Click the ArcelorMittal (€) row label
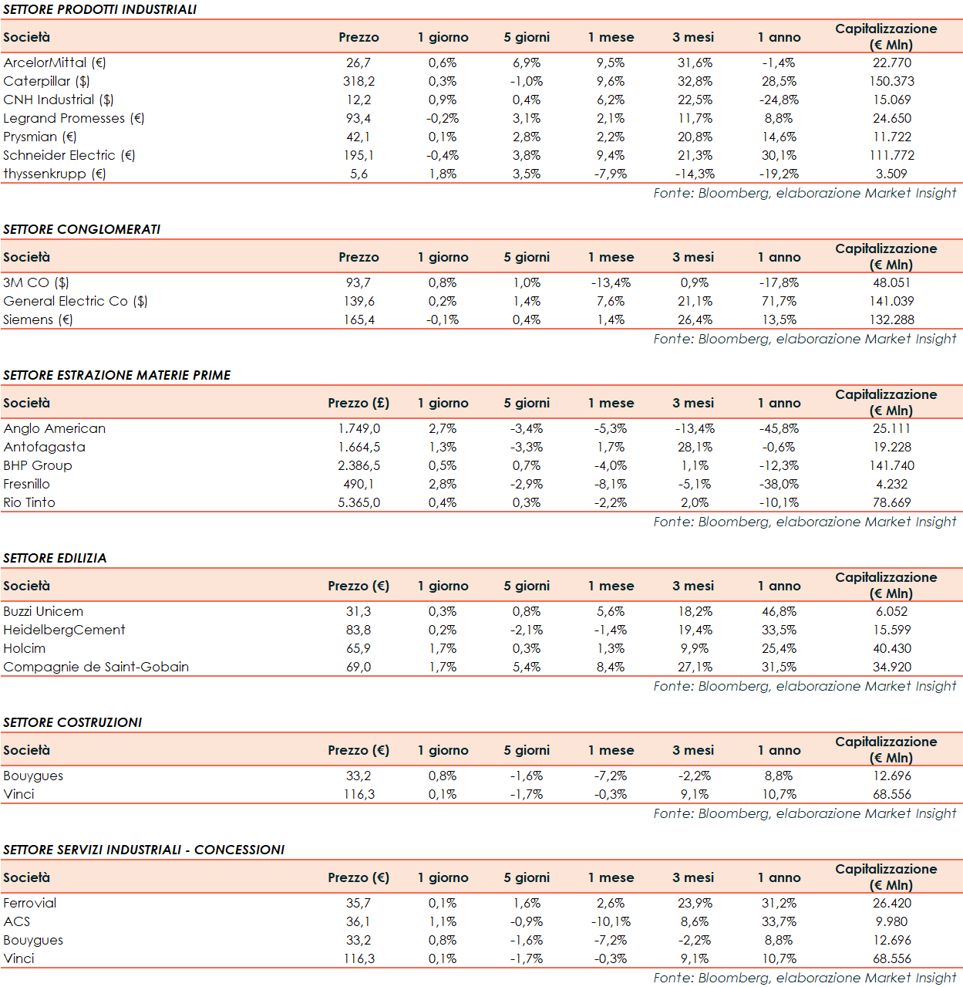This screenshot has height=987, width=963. tap(55, 63)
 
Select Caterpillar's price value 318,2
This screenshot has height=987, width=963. tap(359, 81)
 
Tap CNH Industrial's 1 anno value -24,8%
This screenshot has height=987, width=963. tap(779, 100)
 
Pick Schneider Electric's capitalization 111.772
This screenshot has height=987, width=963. tap(891, 155)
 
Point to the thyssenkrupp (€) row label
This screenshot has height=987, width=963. tap(55, 174)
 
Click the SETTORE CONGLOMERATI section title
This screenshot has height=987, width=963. tap(82, 229)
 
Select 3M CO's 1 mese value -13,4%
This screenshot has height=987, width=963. tap(611, 282)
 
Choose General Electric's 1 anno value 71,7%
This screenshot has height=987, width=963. tap(779, 301)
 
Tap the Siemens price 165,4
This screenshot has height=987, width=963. tap(359, 319)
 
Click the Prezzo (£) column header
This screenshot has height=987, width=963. tap(359, 403)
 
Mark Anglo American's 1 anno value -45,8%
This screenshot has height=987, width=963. tap(779, 428)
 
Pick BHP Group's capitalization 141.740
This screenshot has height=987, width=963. tap(891, 465)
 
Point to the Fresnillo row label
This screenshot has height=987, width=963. tap(27, 484)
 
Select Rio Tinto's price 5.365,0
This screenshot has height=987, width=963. tap(359, 502)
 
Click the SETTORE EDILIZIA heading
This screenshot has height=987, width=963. tap(55, 558)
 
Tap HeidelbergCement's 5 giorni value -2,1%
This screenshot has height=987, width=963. tap(527, 630)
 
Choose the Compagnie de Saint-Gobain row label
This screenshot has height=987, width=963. tap(96, 667)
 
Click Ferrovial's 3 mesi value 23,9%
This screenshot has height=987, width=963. tap(695, 903)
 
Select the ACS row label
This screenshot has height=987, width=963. tap(17, 921)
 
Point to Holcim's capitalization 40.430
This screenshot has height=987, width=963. tap(891, 648)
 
